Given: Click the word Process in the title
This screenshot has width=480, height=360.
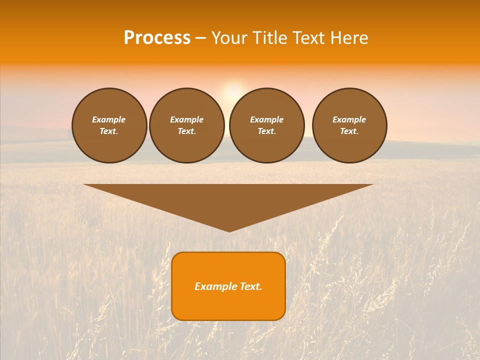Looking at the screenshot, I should [157, 38].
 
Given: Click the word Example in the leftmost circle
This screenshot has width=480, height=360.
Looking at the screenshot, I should [109, 119].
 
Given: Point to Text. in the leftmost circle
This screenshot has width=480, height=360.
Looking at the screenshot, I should [109, 131].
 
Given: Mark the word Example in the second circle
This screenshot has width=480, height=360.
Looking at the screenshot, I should [186, 119].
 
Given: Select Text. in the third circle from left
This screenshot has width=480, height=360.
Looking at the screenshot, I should [266, 131].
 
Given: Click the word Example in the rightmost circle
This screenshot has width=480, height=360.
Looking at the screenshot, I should [349, 119].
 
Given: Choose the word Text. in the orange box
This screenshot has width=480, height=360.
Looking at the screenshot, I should [251, 286].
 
